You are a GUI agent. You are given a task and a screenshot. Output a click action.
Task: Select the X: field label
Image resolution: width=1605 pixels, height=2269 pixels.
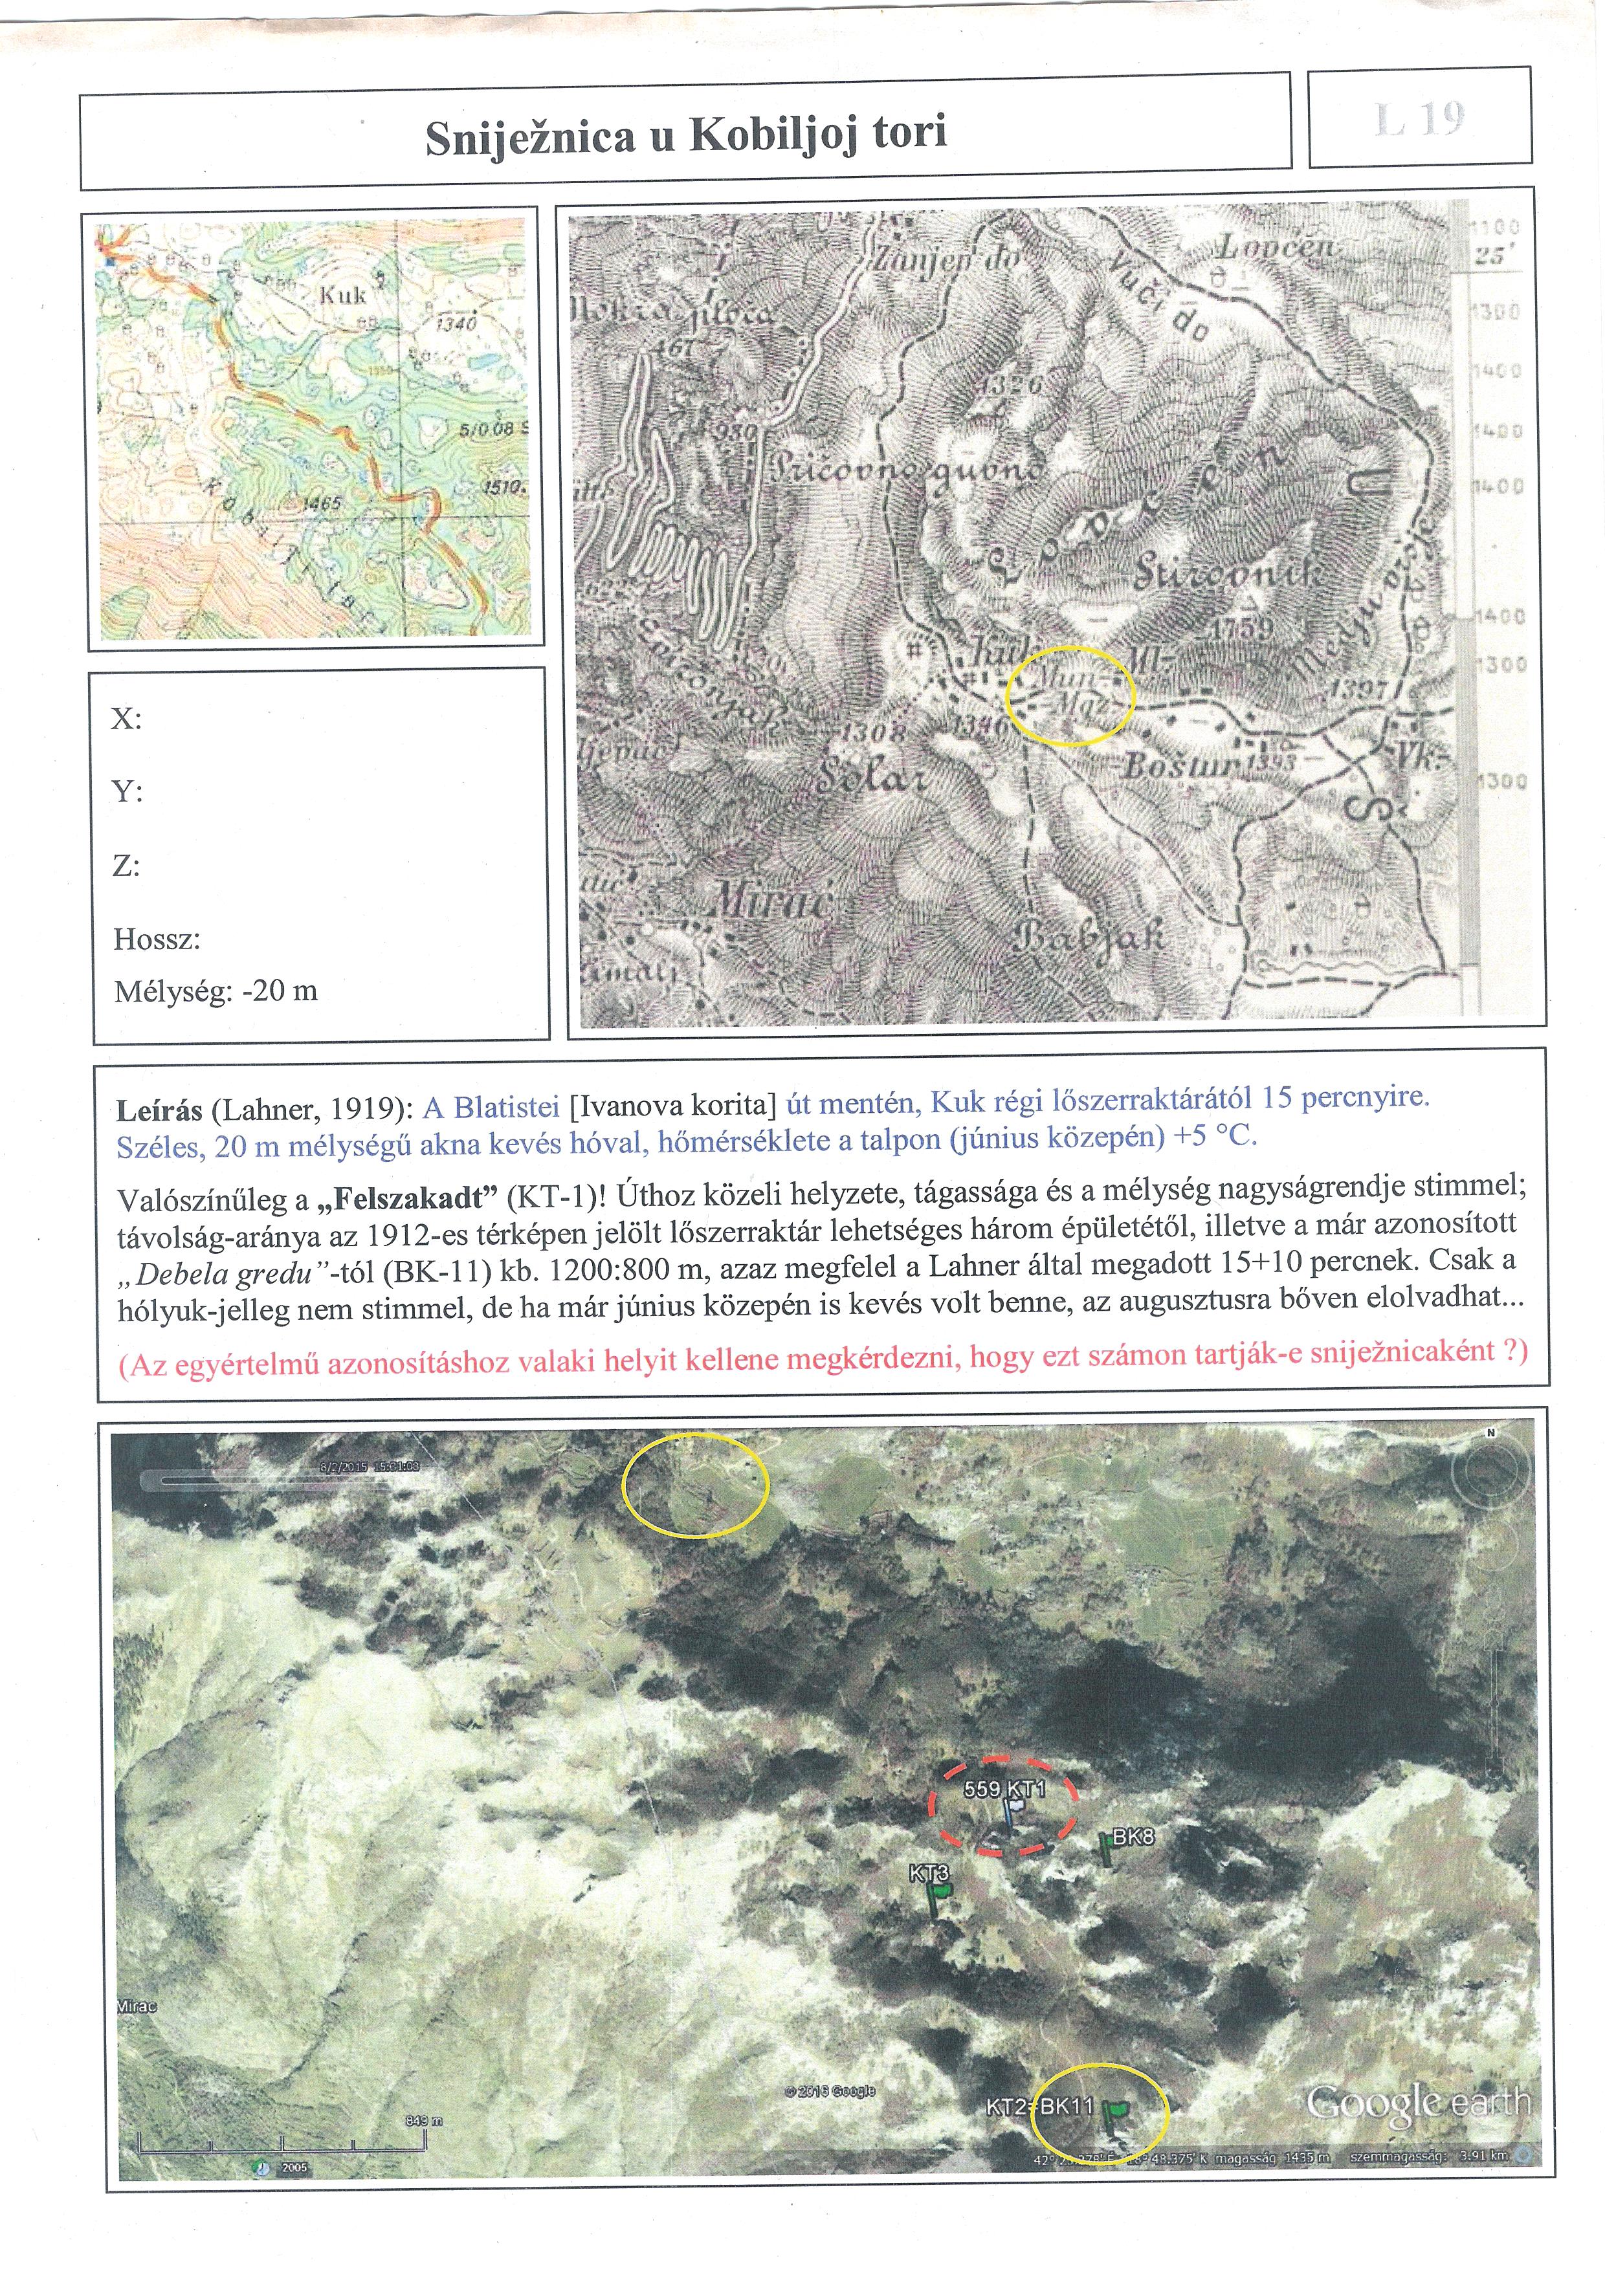126,718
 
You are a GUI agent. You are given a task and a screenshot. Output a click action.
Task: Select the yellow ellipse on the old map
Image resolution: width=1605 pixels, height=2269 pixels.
1070,695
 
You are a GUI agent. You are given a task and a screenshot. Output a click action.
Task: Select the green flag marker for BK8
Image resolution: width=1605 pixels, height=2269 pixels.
1107,1849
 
